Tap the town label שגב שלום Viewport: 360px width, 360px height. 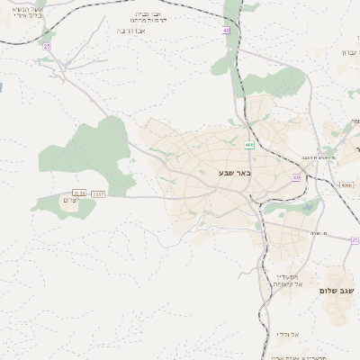pos(338,291)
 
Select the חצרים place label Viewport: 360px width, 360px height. pos(72,201)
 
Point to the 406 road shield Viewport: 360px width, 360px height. pos(248,144)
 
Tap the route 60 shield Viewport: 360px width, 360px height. pos(297,177)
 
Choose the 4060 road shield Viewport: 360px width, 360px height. pos(347,185)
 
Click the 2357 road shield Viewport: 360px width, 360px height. pos(98,193)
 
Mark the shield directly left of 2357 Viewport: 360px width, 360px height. pos(78,193)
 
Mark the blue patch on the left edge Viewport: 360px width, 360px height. pos(2,88)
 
